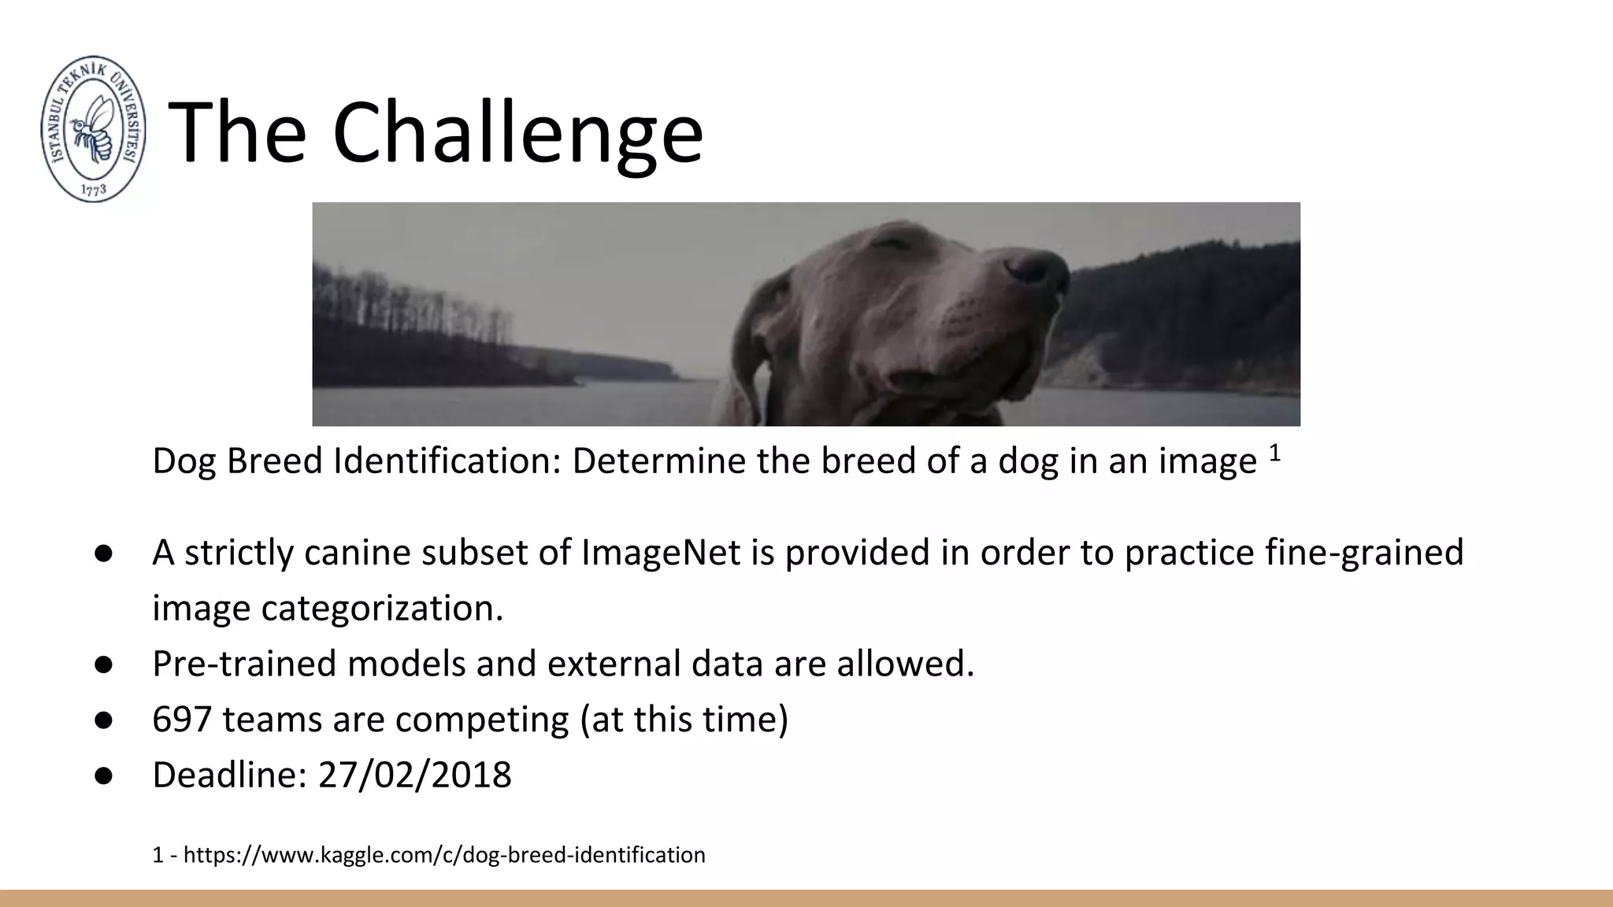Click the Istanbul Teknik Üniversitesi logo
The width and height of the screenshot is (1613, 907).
tap(93, 128)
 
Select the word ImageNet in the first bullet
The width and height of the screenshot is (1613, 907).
tap(661, 552)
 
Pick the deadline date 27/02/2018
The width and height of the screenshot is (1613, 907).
tap(414, 775)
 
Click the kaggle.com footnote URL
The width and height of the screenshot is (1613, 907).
tap(443, 855)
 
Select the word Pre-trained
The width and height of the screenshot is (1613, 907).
tap(243, 664)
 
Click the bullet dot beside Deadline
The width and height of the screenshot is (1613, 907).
tap(103, 775)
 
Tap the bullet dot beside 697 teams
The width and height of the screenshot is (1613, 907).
tap(103, 720)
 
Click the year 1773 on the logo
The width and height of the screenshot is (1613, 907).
tap(94, 190)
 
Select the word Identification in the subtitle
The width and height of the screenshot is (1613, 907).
tap(446, 461)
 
